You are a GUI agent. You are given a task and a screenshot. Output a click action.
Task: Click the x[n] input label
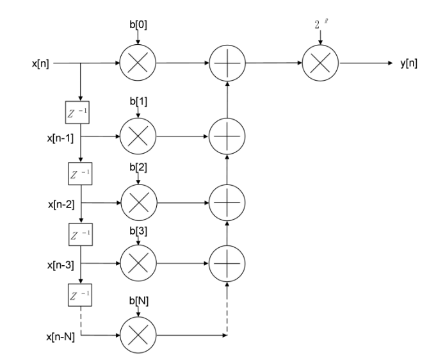(x=40, y=63)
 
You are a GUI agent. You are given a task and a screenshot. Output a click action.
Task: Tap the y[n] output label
(x=408, y=63)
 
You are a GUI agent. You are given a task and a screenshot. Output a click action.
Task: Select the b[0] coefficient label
(x=138, y=25)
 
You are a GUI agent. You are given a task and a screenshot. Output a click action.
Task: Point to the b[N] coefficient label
(x=139, y=300)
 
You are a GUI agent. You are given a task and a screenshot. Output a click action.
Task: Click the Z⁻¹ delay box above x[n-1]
(x=77, y=112)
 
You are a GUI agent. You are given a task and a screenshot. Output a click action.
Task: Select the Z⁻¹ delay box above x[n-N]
(x=80, y=295)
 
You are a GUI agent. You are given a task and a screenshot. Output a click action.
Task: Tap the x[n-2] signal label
(x=61, y=205)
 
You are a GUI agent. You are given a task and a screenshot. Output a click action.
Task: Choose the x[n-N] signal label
(x=61, y=337)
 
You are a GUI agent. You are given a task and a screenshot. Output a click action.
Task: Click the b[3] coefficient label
(x=138, y=231)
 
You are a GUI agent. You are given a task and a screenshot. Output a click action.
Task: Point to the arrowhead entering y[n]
(x=390, y=63)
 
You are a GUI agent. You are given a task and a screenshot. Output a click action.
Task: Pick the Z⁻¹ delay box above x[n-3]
(x=81, y=234)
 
